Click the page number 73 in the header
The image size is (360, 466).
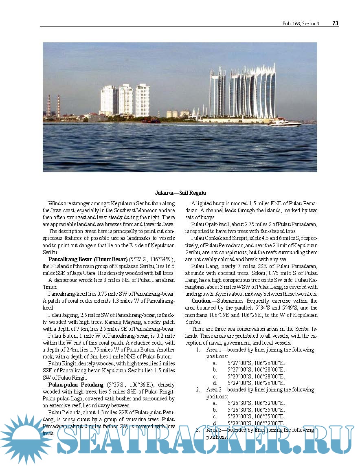point(335,24)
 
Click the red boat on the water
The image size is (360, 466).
point(151,121)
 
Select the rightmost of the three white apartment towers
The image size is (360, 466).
point(142,100)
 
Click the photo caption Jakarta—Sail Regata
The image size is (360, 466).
point(180,193)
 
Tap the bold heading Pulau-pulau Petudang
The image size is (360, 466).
point(76,384)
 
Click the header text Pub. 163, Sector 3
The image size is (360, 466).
point(301,24)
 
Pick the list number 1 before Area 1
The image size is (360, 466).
point(198,349)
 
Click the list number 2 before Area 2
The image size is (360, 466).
point(198,389)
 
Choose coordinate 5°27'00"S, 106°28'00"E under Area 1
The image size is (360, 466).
point(256,369)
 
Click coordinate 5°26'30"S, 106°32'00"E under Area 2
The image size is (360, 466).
point(256,403)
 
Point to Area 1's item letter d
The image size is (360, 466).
point(215,383)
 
